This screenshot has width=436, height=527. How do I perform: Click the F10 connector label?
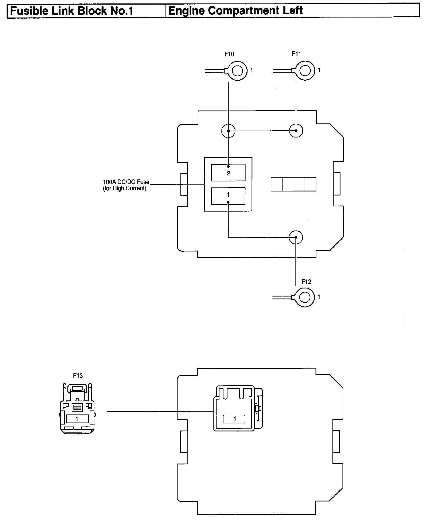(229, 54)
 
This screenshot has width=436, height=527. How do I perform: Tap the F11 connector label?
(296, 54)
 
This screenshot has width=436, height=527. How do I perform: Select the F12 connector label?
(306, 282)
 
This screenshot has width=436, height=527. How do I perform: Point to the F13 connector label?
(78, 375)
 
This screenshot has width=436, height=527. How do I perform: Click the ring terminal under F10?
(237, 70)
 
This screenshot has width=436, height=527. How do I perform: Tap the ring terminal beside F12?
(305, 297)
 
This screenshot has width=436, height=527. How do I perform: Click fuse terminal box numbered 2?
(228, 173)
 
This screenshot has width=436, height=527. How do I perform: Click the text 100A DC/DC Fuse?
(126, 182)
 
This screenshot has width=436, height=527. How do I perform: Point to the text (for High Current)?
(124, 189)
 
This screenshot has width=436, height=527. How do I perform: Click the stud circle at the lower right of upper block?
(296, 237)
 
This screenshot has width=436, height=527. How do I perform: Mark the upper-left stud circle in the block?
(228, 131)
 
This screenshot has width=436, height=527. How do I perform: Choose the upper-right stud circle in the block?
(296, 131)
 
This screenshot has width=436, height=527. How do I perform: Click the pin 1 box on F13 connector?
(77, 419)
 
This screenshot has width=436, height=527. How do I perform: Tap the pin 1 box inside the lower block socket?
(234, 419)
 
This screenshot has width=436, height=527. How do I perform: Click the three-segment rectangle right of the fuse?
(293, 184)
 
